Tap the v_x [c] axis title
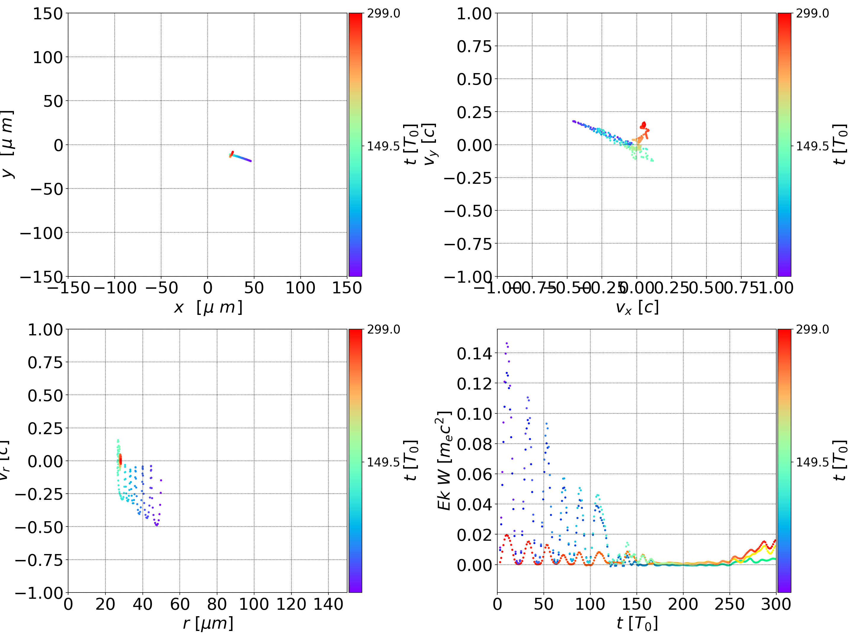point(637,307)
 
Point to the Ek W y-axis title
point(445,461)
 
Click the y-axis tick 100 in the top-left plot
point(47,57)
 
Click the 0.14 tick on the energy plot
point(474,353)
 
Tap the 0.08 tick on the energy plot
point(474,444)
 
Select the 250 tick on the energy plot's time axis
point(729,604)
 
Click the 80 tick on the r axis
point(217,604)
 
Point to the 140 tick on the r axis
point(328,604)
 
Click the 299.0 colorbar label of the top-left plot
point(383,14)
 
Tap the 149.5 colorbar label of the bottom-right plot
point(812,462)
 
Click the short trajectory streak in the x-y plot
point(240,157)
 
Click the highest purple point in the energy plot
point(507,343)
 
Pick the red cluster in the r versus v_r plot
point(120,459)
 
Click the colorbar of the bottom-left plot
point(355,461)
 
